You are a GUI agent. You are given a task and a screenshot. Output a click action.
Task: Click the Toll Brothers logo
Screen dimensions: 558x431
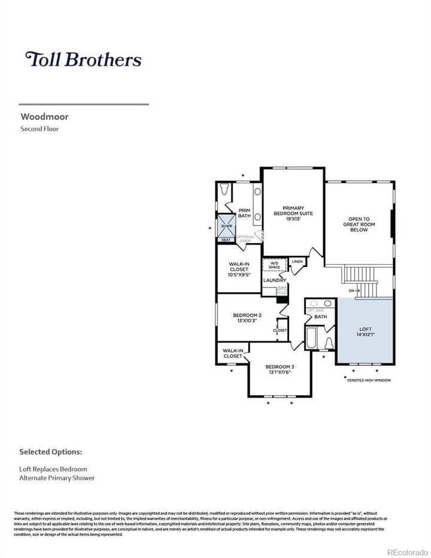pyautogui.click(x=83, y=59)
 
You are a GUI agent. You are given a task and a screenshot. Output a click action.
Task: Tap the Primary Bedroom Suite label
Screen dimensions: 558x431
pyautogui.click(x=293, y=213)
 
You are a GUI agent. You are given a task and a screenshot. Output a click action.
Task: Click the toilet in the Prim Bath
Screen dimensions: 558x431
pyautogui.click(x=225, y=189)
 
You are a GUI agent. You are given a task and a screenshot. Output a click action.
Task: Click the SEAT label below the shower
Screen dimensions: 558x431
pyautogui.click(x=226, y=240)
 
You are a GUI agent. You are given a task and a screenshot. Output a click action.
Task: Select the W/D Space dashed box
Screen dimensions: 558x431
pyautogui.click(x=274, y=265)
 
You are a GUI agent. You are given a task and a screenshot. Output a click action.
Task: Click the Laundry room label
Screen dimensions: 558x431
pyautogui.click(x=275, y=280)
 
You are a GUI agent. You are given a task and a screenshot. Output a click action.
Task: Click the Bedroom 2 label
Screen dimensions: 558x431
pyautogui.click(x=247, y=315)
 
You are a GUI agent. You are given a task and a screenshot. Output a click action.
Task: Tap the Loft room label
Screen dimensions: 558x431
pyautogui.click(x=365, y=329)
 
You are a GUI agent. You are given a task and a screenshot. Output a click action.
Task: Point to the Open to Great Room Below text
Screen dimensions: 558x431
pyautogui.click(x=359, y=224)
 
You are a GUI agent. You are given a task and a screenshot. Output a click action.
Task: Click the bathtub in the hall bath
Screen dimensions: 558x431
pyautogui.click(x=312, y=339)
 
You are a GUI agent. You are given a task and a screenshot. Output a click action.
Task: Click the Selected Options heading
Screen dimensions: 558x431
pyautogui.click(x=51, y=451)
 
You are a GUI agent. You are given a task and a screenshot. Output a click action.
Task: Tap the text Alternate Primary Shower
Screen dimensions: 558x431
pyautogui.click(x=57, y=478)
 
